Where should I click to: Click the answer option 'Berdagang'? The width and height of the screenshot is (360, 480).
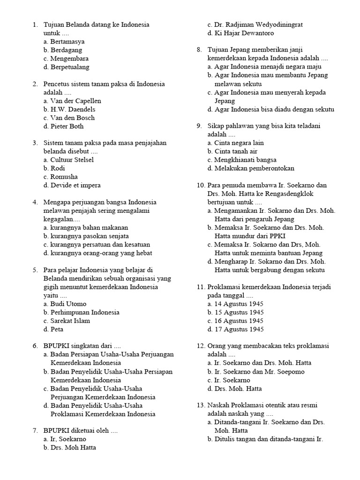point(66,50)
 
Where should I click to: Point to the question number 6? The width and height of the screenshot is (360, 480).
point(35,346)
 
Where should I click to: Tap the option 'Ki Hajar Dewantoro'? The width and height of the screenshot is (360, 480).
point(244,33)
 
